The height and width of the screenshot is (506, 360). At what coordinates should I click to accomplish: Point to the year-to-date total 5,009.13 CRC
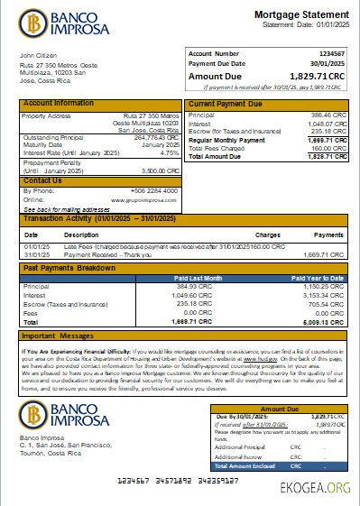pyautogui.click(x=321, y=320)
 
